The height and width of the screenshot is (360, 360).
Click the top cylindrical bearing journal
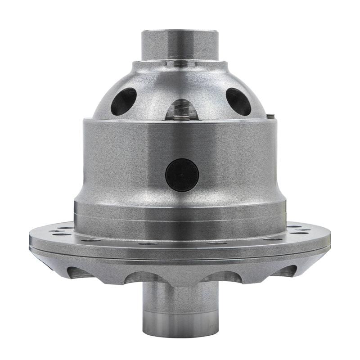180,45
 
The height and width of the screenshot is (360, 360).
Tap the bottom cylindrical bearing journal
180,310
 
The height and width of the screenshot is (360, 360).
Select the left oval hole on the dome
123,101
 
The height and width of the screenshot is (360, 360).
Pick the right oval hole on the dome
238,101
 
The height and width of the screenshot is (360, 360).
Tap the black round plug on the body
182,175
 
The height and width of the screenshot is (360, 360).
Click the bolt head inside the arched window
181,117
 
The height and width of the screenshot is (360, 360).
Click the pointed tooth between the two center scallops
181,281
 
